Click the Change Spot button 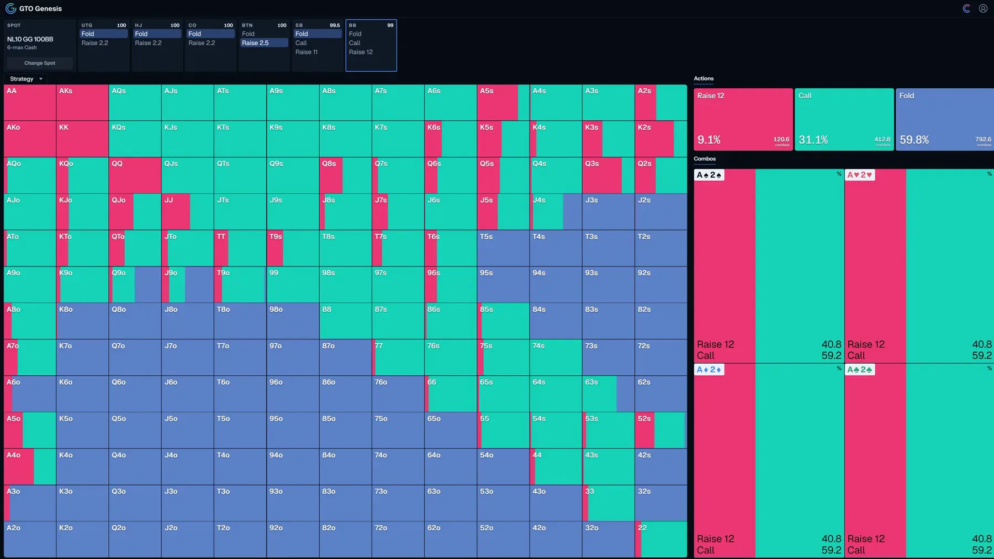click(40, 63)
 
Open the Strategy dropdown click(26, 79)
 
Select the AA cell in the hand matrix click(30, 103)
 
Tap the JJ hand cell click(188, 212)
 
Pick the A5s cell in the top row click(503, 103)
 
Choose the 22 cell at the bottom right click(661, 540)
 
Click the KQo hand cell click(82, 175)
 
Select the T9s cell click(293, 248)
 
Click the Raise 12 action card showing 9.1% click(743, 119)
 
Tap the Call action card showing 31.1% click(844, 119)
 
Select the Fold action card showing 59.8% click(945, 119)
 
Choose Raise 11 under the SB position click(306, 52)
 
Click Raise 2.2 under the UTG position click(95, 43)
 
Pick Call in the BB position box click(355, 43)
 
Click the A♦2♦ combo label click(709, 370)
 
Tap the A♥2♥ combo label click(860, 175)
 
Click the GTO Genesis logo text click(40, 9)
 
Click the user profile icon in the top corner click(983, 8)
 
